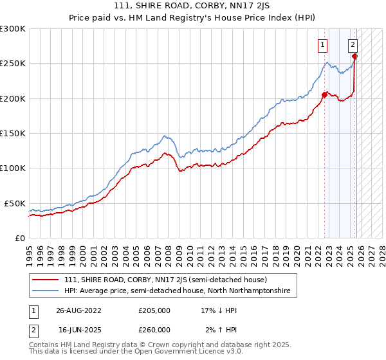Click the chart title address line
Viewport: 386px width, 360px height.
pyautogui.click(x=193, y=6)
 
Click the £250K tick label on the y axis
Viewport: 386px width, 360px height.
pyautogui.click(x=13, y=64)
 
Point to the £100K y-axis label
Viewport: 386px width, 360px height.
pyautogui.click(x=13, y=168)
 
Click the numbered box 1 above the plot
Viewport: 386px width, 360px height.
pyautogui.click(x=322, y=44)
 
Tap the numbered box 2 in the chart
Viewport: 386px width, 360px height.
pyautogui.click(x=353, y=44)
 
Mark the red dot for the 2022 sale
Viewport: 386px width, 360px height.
pyautogui.click(x=324, y=94)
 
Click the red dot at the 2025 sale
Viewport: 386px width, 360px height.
pyautogui.click(x=354, y=57)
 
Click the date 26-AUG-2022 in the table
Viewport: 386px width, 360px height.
pyautogui.click(x=80, y=310)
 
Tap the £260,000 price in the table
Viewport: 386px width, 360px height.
pyautogui.click(x=154, y=330)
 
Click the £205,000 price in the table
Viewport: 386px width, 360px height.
pyautogui.click(x=154, y=310)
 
